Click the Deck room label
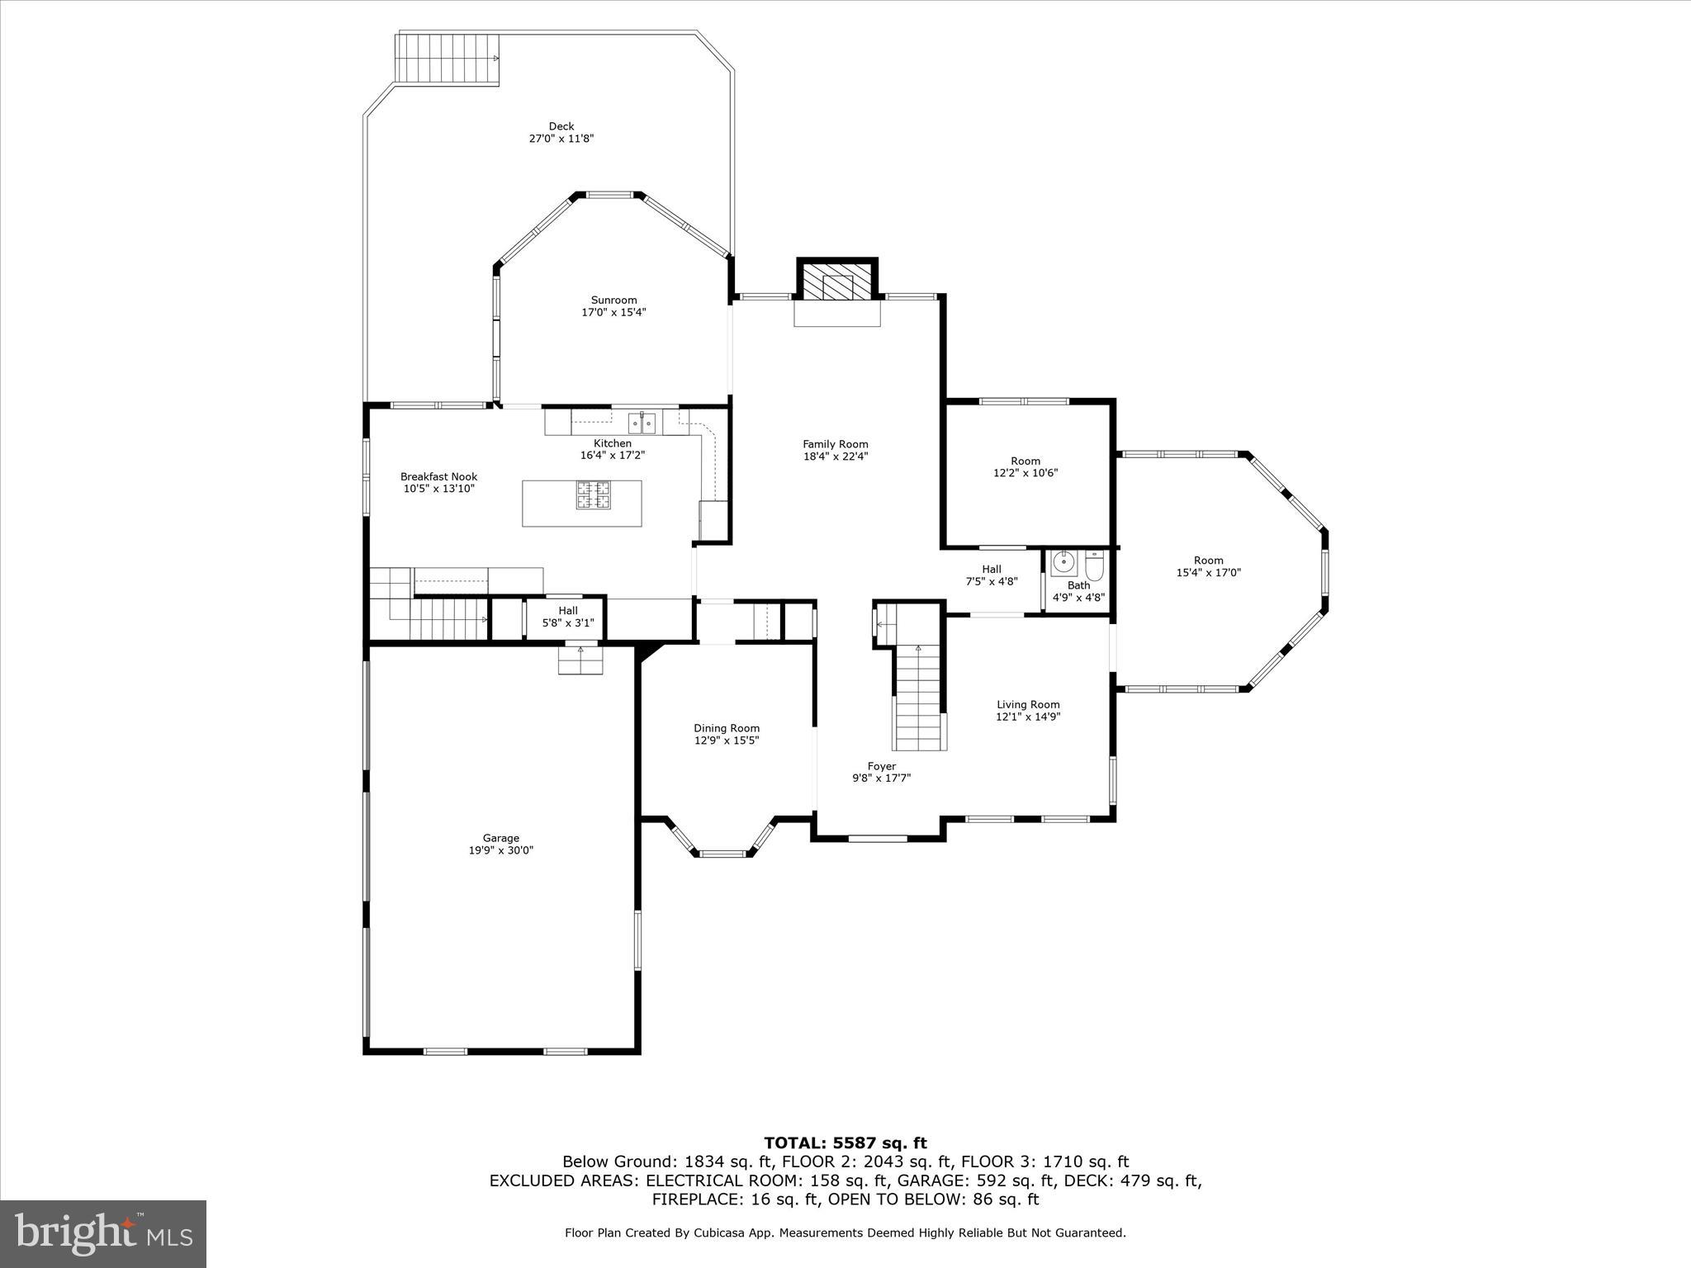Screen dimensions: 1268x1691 561,126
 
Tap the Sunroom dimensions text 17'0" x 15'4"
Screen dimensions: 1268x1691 613,312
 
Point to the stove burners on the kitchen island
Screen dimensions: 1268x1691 593,494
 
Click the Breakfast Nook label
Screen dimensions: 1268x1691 438,476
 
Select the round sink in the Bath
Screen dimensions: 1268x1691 1063,563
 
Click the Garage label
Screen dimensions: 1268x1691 501,838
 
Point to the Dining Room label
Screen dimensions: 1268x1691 726,728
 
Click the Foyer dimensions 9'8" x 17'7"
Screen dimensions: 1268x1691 881,778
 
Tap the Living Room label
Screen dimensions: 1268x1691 1027,705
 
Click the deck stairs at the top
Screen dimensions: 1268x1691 448,59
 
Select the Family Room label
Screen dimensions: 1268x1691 836,444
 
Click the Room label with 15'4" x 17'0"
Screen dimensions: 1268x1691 1208,561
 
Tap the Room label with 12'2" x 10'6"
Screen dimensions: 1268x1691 1025,461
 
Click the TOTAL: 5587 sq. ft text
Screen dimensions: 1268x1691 845,1143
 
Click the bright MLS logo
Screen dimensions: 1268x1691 103,1233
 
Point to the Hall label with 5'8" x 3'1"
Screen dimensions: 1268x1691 568,611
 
